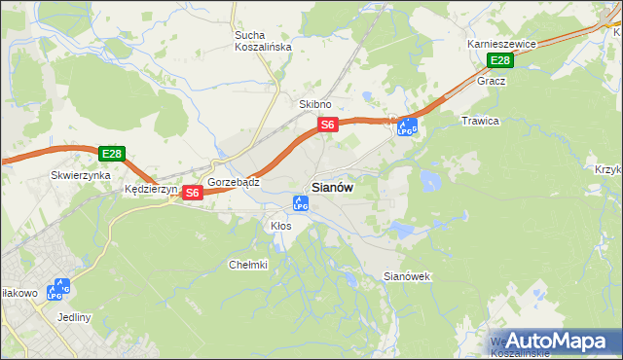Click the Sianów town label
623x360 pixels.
[x=332, y=187]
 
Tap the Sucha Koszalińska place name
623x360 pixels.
[x=257, y=41]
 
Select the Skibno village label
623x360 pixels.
[x=314, y=104]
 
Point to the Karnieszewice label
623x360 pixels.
[x=502, y=45]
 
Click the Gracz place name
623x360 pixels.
[x=491, y=82]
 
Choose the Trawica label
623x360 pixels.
[x=479, y=122]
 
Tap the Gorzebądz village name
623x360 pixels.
[x=233, y=182]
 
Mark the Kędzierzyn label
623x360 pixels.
[x=151, y=190]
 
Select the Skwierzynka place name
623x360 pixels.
[x=77, y=176]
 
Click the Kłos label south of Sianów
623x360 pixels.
[x=280, y=226]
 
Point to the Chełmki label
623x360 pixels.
[x=247, y=265]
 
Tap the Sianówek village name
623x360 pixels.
[x=407, y=277]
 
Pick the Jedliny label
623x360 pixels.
[x=74, y=318]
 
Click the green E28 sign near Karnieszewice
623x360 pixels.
[x=500, y=61]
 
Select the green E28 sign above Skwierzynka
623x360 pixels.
[x=112, y=154]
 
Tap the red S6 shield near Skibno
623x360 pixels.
[x=328, y=125]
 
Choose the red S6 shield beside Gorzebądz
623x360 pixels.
[x=192, y=193]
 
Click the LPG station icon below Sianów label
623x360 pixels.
[x=301, y=203]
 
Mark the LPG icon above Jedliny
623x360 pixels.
[x=60, y=287]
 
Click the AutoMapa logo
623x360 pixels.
[x=554, y=341]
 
